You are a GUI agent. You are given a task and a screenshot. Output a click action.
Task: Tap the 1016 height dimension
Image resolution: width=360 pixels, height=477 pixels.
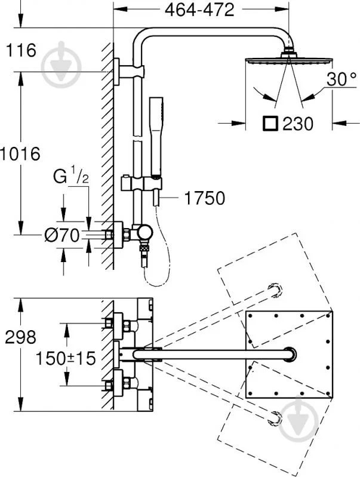point(20,153)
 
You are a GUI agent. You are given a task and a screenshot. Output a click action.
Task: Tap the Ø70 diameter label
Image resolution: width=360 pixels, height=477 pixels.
point(62,235)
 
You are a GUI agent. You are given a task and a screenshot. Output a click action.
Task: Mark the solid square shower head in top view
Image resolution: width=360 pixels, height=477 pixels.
point(290,353)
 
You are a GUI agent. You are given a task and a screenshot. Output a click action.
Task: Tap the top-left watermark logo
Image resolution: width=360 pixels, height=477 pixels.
point(61,60)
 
